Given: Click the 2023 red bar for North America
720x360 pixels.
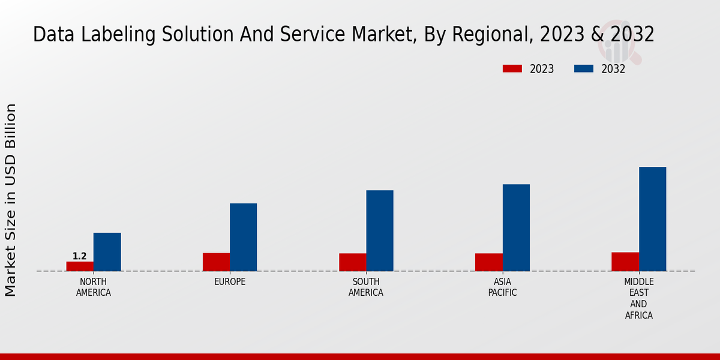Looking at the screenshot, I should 80,266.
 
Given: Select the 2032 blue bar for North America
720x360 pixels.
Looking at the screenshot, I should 107,252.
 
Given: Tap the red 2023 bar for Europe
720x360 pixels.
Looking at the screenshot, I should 216,262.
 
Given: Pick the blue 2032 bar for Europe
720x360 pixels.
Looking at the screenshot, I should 243,237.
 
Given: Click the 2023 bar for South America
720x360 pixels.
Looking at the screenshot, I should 352,262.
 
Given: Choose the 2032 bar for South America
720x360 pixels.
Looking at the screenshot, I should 380,230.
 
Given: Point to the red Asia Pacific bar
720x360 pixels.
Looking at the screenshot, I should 489,262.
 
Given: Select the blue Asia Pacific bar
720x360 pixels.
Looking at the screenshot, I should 516,227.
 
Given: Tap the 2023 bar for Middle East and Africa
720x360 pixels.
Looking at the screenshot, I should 625,262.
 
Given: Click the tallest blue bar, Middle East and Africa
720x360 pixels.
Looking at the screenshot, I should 652,219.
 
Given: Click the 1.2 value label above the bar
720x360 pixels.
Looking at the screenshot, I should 80,256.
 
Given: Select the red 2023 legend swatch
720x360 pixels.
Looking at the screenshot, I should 512,69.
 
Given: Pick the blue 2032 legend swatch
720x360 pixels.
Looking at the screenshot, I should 583,69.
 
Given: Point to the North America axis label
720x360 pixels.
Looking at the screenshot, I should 94,287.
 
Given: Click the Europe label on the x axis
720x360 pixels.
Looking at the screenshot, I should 230,282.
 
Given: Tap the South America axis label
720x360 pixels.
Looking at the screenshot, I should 366,287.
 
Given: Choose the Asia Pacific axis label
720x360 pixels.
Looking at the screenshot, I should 503,287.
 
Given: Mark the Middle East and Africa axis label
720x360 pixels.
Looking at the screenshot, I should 639,299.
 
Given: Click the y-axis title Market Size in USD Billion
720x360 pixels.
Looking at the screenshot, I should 11,200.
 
